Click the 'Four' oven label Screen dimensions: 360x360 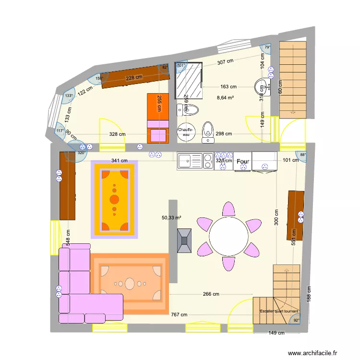[243, 162]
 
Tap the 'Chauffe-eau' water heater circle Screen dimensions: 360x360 [186, 132]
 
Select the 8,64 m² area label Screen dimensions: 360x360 [225, 98]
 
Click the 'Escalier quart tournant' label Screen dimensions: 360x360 [278, 311]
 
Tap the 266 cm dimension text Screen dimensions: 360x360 [211, 294]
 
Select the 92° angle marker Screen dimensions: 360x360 [296, 321]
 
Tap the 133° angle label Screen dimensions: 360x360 [69, 96]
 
